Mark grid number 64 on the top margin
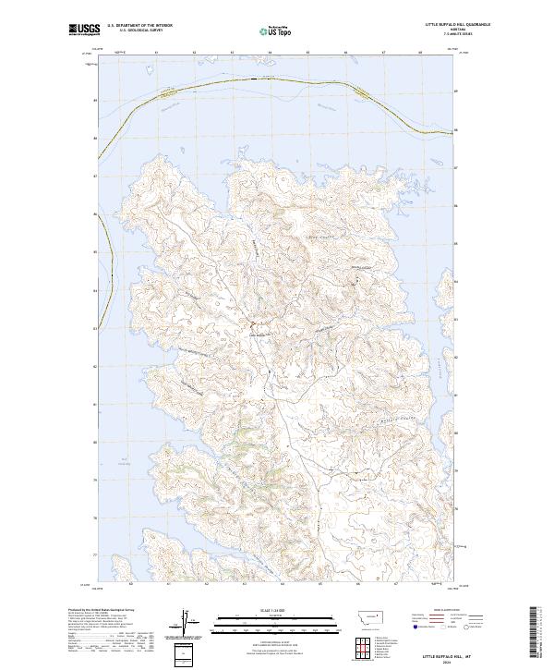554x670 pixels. coord(269,53)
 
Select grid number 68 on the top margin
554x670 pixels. coord(420,53)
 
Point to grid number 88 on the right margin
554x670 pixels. coord(456,129)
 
